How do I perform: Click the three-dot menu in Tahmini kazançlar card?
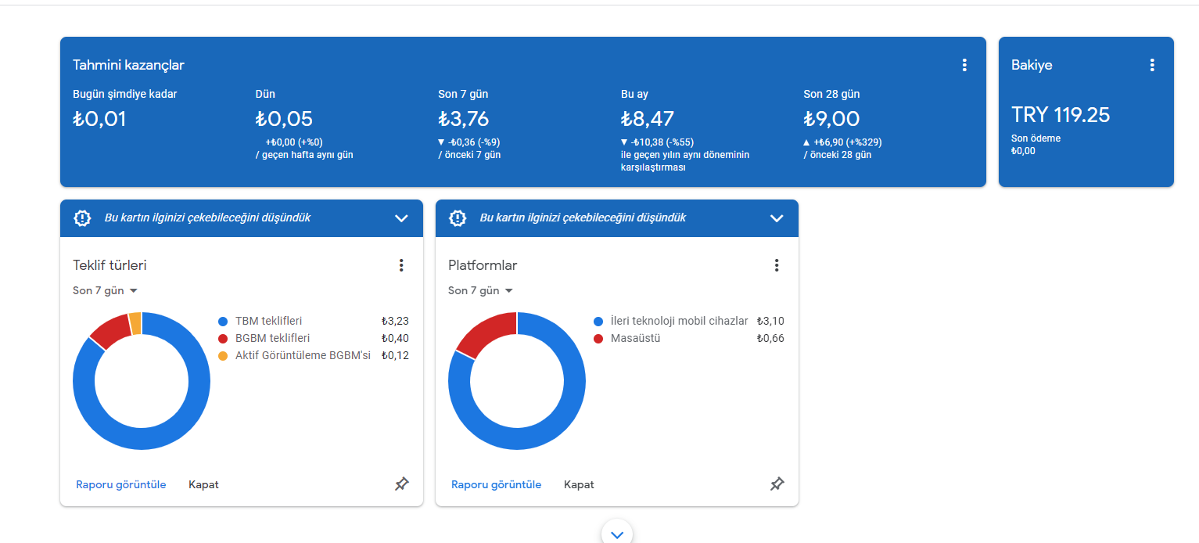point(964,65)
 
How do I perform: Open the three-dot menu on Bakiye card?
point(1152,65)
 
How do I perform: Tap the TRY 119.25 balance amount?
point(1061,115)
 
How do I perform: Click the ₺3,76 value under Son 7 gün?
point(464,119)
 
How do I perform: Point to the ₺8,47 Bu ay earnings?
point(647,119)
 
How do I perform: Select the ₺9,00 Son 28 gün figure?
point(831,119)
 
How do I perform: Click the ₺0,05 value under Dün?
point(284,119)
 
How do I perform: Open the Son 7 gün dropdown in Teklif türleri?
point(106,291)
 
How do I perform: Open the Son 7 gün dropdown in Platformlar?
point(481,291)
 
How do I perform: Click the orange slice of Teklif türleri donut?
point(135,323)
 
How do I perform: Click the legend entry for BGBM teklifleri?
point(264,339)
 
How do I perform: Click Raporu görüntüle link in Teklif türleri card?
point(121,484)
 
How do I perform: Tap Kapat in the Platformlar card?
point(579,484)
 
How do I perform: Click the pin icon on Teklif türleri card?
point(401,484)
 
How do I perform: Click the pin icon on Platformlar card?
point(777,484)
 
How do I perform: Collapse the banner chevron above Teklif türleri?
point(401,218)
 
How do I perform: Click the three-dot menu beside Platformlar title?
point(776,265)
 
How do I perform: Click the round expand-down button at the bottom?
point(616,534)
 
